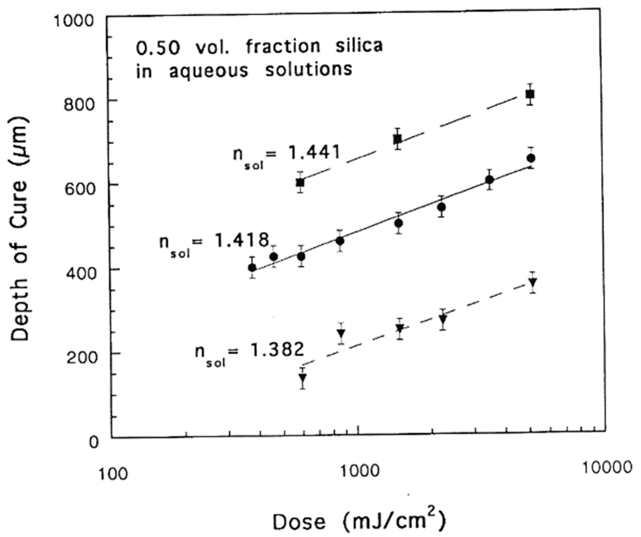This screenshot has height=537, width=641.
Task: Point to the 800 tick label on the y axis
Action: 79,105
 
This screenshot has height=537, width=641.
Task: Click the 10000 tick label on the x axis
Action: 607,468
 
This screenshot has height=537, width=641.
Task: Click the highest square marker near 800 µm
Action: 530,94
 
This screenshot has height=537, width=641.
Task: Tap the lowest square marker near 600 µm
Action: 300,183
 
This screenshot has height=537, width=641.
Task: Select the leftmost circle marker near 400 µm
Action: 252,268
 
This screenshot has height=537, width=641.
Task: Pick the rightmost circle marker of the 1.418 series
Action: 531,158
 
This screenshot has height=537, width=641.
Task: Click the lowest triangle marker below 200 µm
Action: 303,378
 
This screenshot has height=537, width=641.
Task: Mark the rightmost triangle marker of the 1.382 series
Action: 532,282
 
